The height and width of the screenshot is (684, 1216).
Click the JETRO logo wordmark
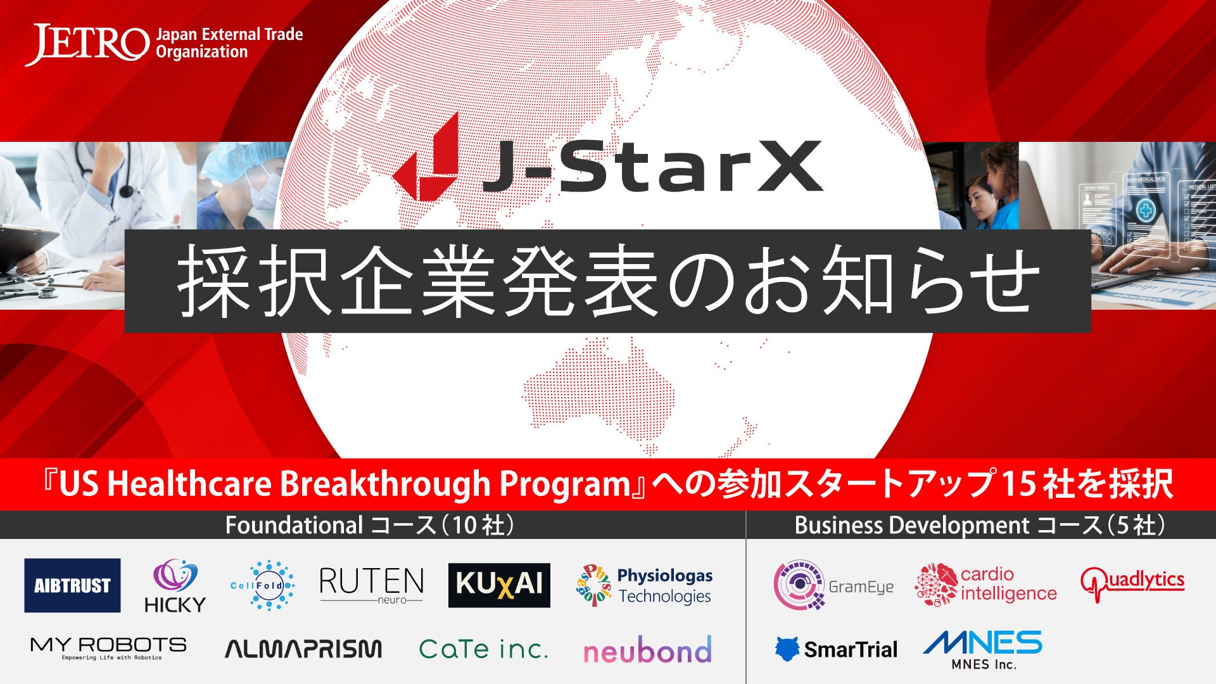pyautogui.click(x=87, y=44)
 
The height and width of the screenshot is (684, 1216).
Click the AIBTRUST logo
pyautogui.click(x=72, y=585)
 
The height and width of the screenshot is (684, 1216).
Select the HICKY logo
pyautogui.click(x=175, y=586)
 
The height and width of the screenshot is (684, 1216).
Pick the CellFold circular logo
pyautogui.click(x=262, y=585)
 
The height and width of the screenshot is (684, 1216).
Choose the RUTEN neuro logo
pyautogui.click(x=372, y=585)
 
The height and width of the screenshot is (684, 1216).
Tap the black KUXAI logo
pyautogui.click(x=499, y=585)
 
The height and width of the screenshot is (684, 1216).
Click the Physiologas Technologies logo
pyautogui.click(x=644, y=585)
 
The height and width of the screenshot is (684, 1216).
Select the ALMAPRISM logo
pyautogui.click(x=303, y=649)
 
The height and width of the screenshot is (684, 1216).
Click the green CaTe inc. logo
pyautogui.click(x=483, y=649)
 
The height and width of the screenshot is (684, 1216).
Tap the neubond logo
pyautogui.click(x=647, y=650)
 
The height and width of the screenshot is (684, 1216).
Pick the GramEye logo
pyautogui.click(x=833, y=585)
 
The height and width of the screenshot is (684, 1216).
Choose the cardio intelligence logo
pyautogui.click(x=986, y=584)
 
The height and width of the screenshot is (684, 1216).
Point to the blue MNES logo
pyautogui.click(x=983, y=649)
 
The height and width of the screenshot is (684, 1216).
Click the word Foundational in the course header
pyautogui.click(x=294, y=525)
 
